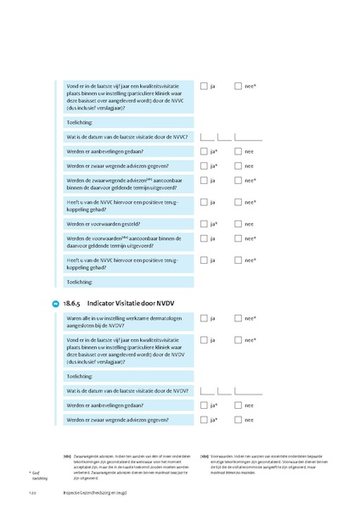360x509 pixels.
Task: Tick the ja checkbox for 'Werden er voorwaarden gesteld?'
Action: tap(204, 224)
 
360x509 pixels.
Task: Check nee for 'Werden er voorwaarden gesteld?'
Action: tap(239, 224)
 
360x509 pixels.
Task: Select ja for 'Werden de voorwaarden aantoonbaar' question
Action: tap(204, 239)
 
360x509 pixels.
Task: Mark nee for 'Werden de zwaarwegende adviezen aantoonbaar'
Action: tap(239, 181)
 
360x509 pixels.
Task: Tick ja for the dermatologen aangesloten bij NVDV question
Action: tap(204, 318)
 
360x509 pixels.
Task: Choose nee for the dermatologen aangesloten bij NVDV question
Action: tap(239, 318)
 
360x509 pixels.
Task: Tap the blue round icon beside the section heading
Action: tap(55, 303)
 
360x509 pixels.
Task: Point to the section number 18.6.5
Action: tap(72, 302)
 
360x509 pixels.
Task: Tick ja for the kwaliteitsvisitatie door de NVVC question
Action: tap(204, 86)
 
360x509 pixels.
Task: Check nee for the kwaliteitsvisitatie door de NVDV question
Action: tap(239, 339)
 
